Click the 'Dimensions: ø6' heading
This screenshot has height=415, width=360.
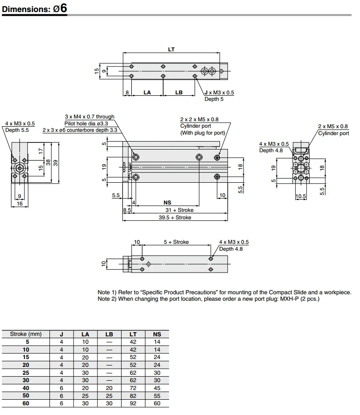tap(35, 9)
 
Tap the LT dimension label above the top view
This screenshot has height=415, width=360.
tap(171, 50)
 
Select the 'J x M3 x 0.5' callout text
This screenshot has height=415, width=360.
tap(219, 93)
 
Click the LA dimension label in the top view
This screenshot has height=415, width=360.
tap(147, 93)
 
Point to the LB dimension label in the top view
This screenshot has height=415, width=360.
tap(179, 93)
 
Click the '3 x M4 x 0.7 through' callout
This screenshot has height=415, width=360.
tap(89, 117)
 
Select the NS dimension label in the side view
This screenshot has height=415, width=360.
tap(167, 202)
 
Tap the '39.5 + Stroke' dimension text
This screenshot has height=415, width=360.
tap(175, 217)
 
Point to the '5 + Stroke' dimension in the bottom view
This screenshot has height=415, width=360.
tap(176, 242)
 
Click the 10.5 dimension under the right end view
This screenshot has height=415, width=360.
tap(301, 196)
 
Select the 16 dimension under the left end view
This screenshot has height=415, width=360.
tap(19, 204)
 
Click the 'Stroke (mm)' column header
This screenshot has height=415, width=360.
tap(26, 334)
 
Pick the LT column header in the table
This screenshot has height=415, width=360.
tap(133, 334)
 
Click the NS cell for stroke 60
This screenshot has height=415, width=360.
tap(157, 403)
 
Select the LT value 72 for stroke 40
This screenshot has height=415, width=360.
tap(133, 389)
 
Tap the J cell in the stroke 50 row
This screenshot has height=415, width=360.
tap(61, 396)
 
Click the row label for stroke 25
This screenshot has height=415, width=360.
tap(26, 372)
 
